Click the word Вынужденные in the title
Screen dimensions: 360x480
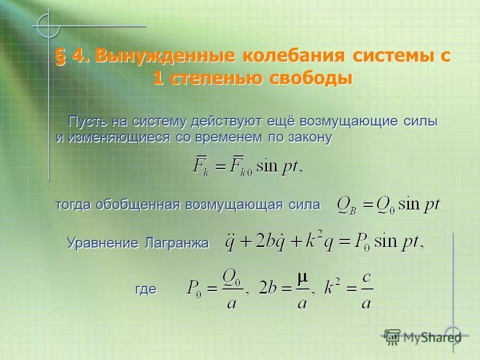pos(164,56)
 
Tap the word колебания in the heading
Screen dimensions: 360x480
pos(293,56)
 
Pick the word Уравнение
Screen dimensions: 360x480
pos(102,243)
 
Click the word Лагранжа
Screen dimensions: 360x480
pos(175,243)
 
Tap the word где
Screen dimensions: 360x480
pos(146,289)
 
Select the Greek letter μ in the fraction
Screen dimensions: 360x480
pos(302,278)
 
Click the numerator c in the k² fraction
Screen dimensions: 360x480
pos(366,278)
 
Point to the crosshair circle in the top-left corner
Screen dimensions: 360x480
pos(47,25)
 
